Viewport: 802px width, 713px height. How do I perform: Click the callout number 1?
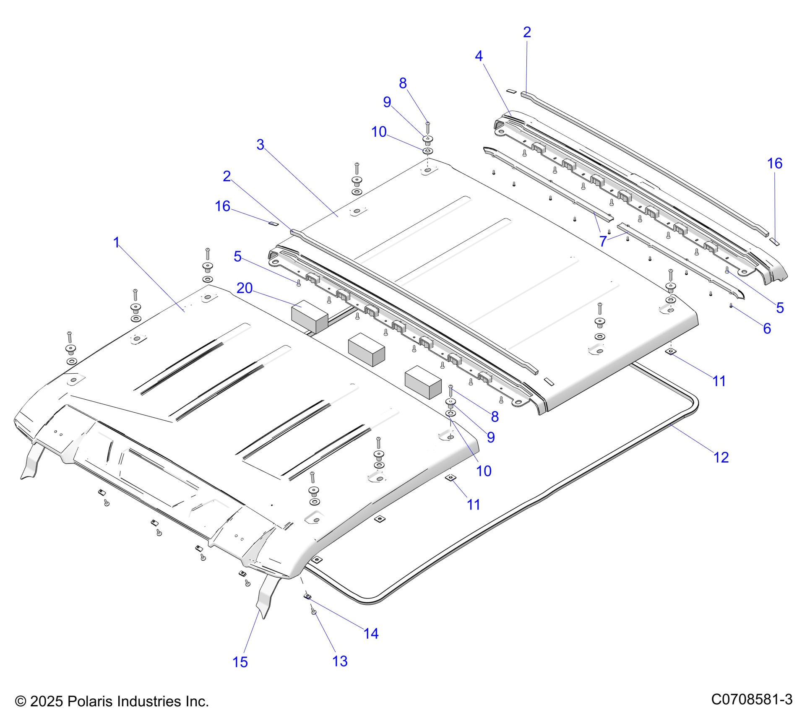[x=117, y=242]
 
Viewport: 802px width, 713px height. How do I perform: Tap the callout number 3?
[x=260, y=145]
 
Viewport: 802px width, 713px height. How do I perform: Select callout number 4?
[x=479, y=56]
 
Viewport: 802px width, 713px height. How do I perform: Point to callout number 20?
[x=245, y=288]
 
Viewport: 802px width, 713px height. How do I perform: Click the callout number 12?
[x=721, y=458]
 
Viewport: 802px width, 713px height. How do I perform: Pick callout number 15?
[x=240, y=662]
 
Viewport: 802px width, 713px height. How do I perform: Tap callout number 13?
[x=340, y=661]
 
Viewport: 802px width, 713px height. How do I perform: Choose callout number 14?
[x=371, y=633]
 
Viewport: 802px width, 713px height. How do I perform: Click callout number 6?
[x=767, y=328]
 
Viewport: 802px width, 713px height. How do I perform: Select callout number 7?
[x=603, y=241]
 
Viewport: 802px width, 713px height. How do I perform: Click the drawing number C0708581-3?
[x=752, y=699]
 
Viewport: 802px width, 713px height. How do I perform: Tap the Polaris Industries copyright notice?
[x=112, y=701]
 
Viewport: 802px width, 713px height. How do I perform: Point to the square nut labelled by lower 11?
[x=450, y=478]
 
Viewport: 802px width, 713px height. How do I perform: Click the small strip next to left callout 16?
[x=273, y=224]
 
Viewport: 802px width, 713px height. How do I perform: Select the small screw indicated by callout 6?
[x=731, y=306]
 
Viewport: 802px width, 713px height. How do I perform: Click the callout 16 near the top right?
[x=775, y=163]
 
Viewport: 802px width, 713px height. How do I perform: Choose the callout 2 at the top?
[x=527, y=32]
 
